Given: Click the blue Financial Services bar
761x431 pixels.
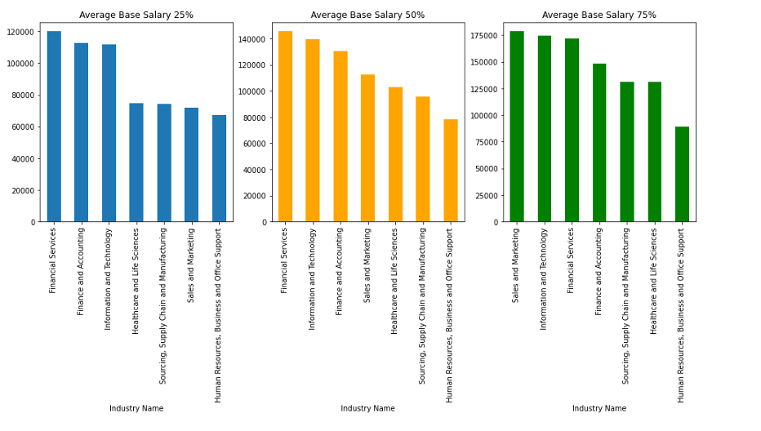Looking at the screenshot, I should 54,127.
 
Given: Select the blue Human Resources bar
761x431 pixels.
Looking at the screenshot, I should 220,168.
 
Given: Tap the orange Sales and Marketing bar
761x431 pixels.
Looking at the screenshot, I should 367,148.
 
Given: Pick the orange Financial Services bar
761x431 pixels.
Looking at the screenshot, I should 285,127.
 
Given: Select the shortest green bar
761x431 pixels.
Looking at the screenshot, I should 682,174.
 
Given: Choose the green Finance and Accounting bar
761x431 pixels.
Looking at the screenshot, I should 599,143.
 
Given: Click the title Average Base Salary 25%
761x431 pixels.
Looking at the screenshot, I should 136,15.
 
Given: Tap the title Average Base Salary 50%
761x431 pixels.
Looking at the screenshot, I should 367,15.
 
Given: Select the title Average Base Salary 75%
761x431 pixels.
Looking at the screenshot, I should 599,15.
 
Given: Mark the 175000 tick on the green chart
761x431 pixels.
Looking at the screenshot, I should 483,36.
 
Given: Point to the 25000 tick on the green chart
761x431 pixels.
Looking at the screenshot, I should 486,195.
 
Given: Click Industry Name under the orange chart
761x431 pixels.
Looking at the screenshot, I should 367,408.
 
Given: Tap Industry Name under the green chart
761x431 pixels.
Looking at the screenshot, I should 599,408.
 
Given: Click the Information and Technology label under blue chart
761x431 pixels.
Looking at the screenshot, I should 109,278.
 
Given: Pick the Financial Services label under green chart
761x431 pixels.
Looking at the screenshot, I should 572,260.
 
